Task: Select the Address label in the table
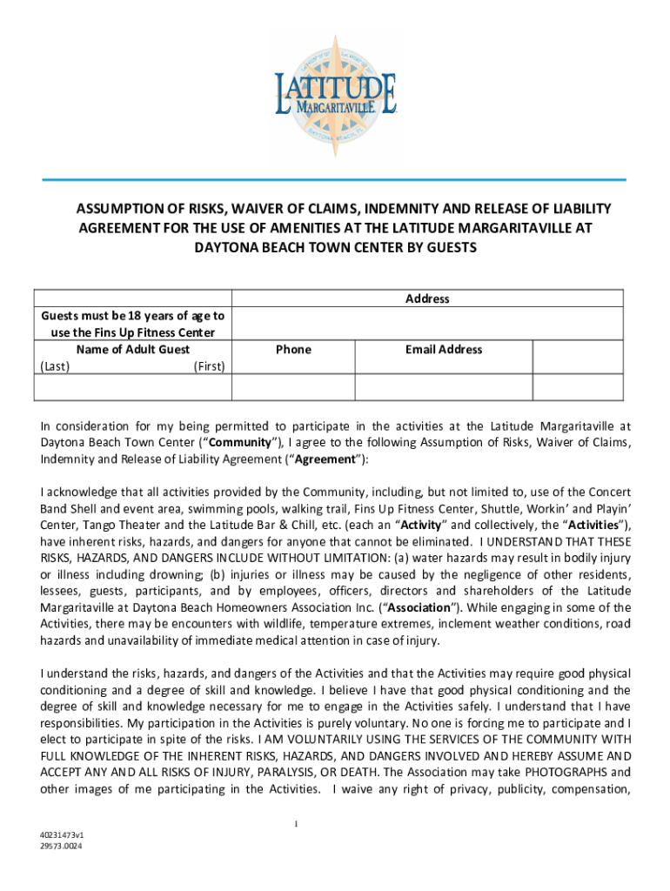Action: (427, 298)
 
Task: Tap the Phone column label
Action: (293, 349)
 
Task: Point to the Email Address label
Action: (443, 349)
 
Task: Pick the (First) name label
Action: (208, 366)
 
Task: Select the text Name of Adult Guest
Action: (132, 349)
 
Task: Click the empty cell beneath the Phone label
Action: (293, 387)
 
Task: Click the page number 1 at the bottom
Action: (296, 823)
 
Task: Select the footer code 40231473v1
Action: (61, 834)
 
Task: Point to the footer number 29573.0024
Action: (61, 844)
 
